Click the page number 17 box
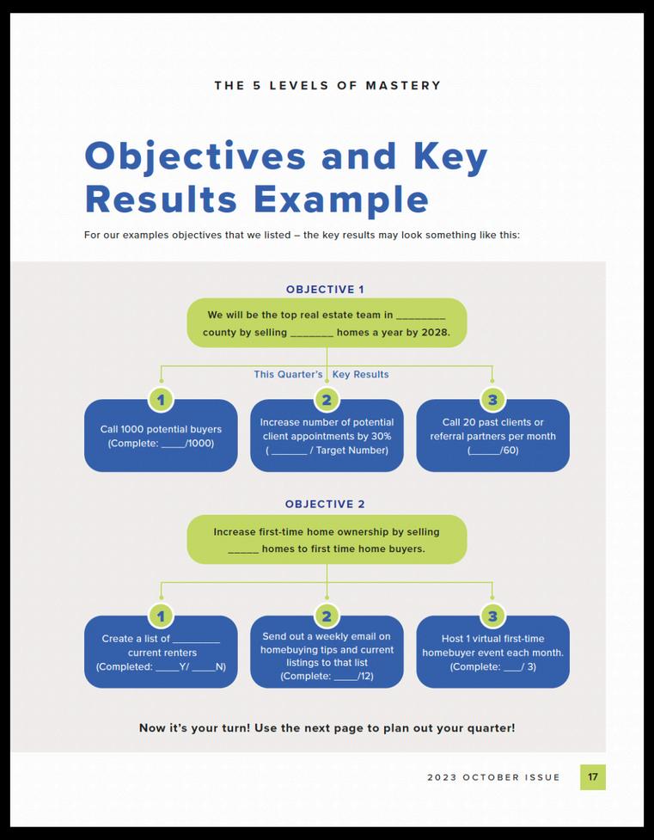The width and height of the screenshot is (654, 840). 592,777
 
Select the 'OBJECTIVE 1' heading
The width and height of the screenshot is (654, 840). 325,290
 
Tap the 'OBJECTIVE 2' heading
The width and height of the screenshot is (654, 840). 325,505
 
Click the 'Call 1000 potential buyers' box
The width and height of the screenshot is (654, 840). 161,437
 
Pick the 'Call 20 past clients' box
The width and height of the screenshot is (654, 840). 492,437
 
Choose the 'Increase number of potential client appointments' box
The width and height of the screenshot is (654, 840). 327,437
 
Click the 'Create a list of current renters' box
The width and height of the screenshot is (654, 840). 161,653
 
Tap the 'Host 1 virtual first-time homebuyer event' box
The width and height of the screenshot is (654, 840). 492,653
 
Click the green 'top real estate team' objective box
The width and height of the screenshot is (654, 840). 327,323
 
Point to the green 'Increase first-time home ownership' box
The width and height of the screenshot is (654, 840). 327,540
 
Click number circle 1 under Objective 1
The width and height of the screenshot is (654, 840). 161,399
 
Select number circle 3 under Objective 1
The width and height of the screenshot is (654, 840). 492,399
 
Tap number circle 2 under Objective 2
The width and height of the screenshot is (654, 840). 327,616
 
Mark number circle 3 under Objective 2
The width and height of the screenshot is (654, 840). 492,616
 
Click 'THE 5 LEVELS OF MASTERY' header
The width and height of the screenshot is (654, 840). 327,86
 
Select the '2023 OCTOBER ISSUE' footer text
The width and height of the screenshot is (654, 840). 493,777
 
